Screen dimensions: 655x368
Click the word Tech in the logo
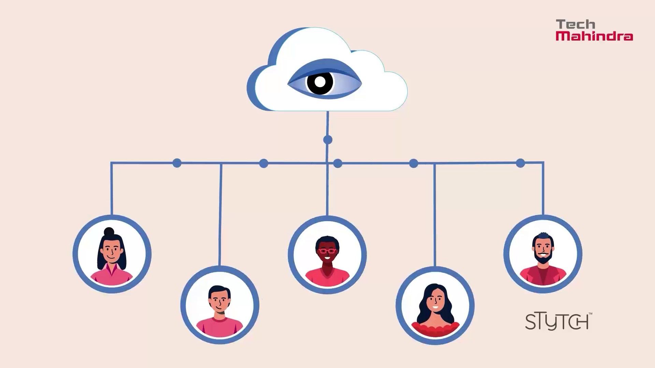(x=576, y=25)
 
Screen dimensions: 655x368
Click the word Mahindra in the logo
(x=594, y=36)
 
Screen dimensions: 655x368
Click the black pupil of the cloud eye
(x=320, y=82)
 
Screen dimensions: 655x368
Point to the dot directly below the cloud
(x=327, y=140)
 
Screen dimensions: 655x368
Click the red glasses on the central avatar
(x=327, y=251)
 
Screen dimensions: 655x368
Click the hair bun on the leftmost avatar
(x=109, y=232)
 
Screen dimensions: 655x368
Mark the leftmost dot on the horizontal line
(x=177, y=163)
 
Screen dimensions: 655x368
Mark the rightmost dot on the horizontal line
(x=520, y=163)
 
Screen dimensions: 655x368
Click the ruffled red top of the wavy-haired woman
(x=435, y=329)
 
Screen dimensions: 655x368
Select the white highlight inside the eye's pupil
(x=320, y=82)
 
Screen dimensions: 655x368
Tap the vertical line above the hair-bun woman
(x=111, y=188)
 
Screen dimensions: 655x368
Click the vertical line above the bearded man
(x=543, y=188)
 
